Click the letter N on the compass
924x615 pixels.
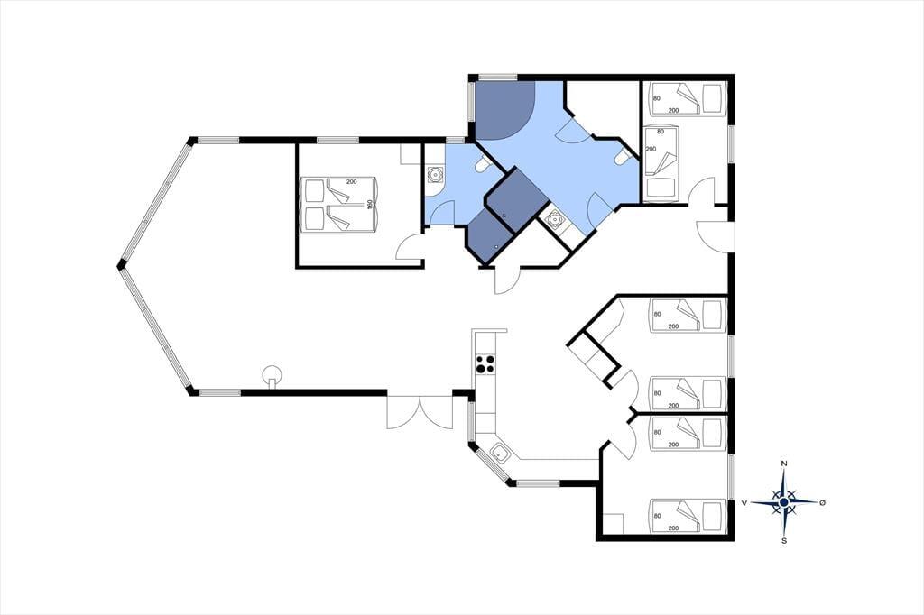[x=784, y=464]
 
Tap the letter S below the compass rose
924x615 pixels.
[x=784, y=540]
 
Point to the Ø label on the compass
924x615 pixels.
[x=823, y=502]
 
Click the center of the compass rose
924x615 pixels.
[x=784, y=502]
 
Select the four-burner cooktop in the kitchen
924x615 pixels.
[x=485, y=364]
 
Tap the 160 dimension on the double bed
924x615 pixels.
[x=370, y=205]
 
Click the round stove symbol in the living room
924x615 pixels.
[x=273, y=374]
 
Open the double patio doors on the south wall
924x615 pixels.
[x=419, y=412]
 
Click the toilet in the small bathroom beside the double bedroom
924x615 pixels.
[x=483, y=164]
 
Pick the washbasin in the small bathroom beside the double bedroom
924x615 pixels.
[x=435, y=174]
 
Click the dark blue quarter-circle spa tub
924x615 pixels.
[x=504, y=110]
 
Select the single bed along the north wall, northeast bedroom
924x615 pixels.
[x=687, y=98]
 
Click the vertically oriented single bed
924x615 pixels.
[x=661, y=163]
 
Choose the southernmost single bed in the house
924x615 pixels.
[x=687, y=516]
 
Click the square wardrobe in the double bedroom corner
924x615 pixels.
[x=409, y=153]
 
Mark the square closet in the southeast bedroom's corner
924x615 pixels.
[x=614, y=524]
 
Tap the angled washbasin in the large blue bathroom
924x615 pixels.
[x=555, y=220]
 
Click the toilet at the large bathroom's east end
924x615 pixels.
[x=621, y=158]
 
